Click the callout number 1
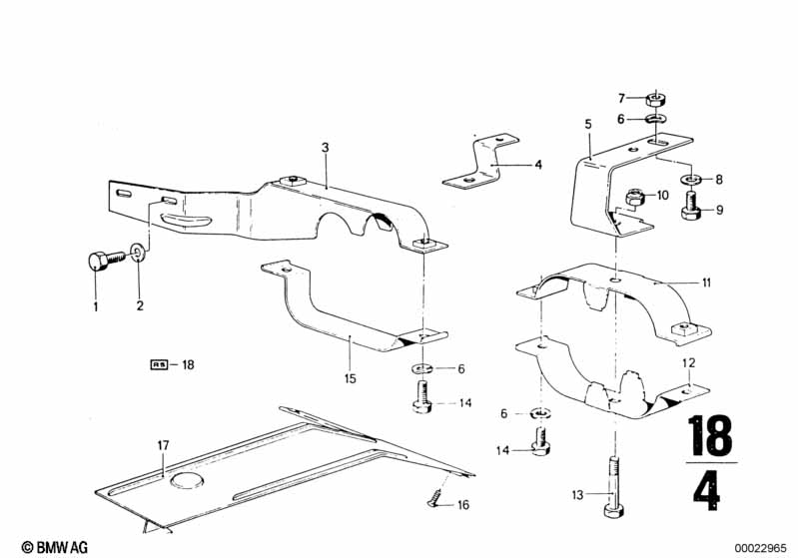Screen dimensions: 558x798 96,306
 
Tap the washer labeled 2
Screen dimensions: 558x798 138,249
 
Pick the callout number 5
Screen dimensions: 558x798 588,125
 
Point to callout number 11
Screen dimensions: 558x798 705,283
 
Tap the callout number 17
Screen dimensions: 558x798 163,445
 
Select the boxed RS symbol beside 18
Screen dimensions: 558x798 160,365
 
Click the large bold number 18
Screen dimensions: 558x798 710,436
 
